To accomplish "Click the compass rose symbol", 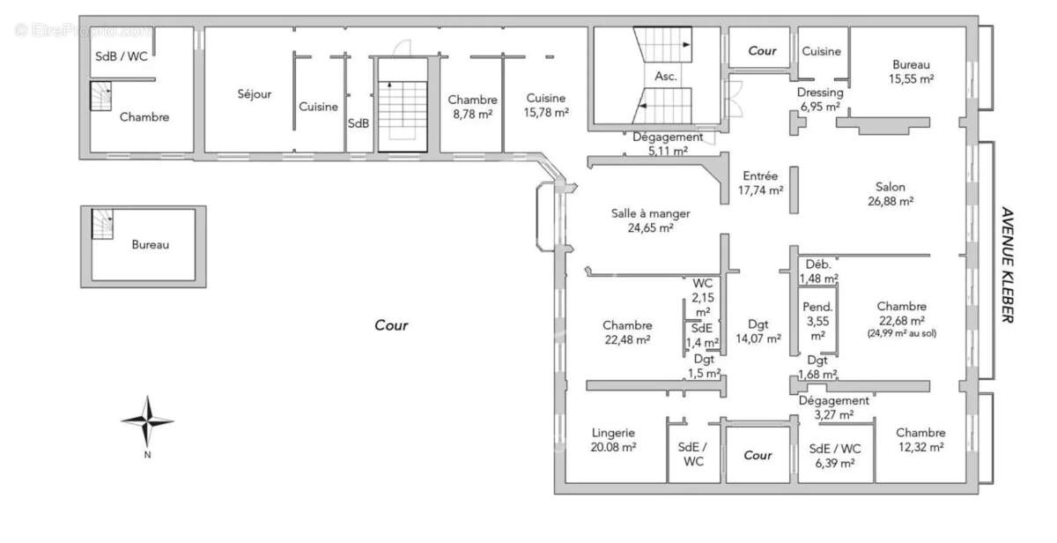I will point(147,421).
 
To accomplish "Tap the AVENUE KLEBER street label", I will point(1007,264).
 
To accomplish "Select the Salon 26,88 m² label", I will point(890,194).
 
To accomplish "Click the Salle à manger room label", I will point(650,220).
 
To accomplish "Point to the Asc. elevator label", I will point(665,77).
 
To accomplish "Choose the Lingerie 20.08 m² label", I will point(614,440).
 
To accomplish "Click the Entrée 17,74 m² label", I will point(760,183).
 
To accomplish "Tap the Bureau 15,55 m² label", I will point(911,71).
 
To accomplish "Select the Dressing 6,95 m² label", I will point(820,100).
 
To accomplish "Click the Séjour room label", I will point(255,94).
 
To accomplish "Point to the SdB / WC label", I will point(122,56).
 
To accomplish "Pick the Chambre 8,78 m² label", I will point(472,107).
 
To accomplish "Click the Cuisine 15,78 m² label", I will point(546,105).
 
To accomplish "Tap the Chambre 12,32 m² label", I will point(920,440).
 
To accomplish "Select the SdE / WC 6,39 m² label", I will point(835,456).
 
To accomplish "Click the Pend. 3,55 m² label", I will point(817,321).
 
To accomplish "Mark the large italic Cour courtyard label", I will point(391,325).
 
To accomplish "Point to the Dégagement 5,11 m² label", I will point(668,144).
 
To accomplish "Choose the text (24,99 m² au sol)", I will point(901,334).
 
